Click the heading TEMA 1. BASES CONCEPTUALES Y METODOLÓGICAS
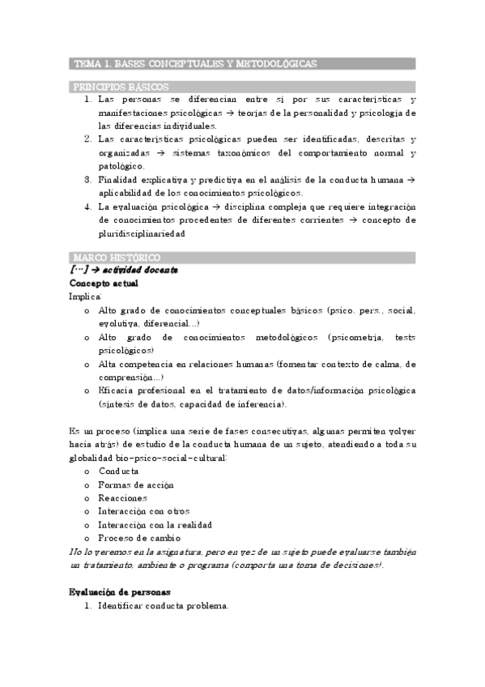[x=195, y=63]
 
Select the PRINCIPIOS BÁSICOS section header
[x=121, y=86]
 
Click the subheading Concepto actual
[x=104, y=284]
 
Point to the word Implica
[x=85, y=297]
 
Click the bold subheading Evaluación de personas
[x=120, y=591]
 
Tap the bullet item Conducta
[x=118, y=472]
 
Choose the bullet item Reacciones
[x=122, y=497]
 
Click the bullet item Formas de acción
[x=135, y=484]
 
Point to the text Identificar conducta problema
[x=164, y=605]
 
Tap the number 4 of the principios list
[x=87, y=206]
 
